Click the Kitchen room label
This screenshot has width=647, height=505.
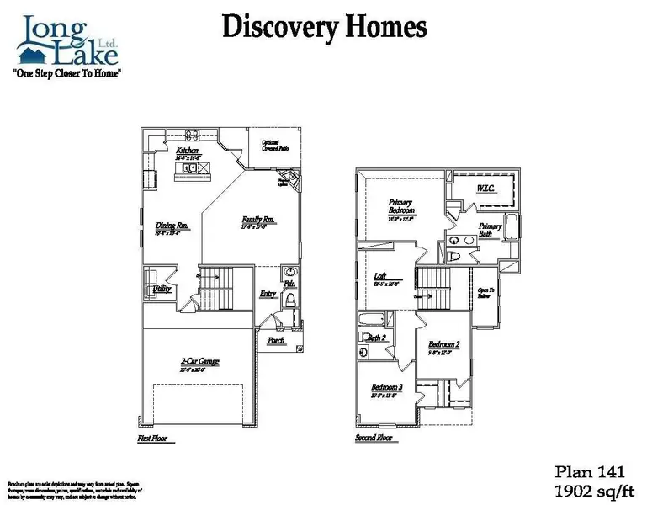click(187, 150)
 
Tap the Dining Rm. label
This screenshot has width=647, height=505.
click(171, 226)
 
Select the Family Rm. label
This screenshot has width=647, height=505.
click(259, 220)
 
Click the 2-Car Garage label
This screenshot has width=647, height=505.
click(198, 362)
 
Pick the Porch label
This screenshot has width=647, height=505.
click(276, 341)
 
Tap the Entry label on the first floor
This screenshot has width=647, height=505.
click(268, 294)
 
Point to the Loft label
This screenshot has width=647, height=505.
click(380, 276)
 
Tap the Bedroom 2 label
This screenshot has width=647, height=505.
click(443, 344)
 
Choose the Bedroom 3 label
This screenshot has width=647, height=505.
click(387, 387)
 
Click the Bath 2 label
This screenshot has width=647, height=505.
click(377, 338)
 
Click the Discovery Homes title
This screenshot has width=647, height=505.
click(323, 27)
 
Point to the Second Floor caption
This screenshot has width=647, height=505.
click(374, 439)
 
